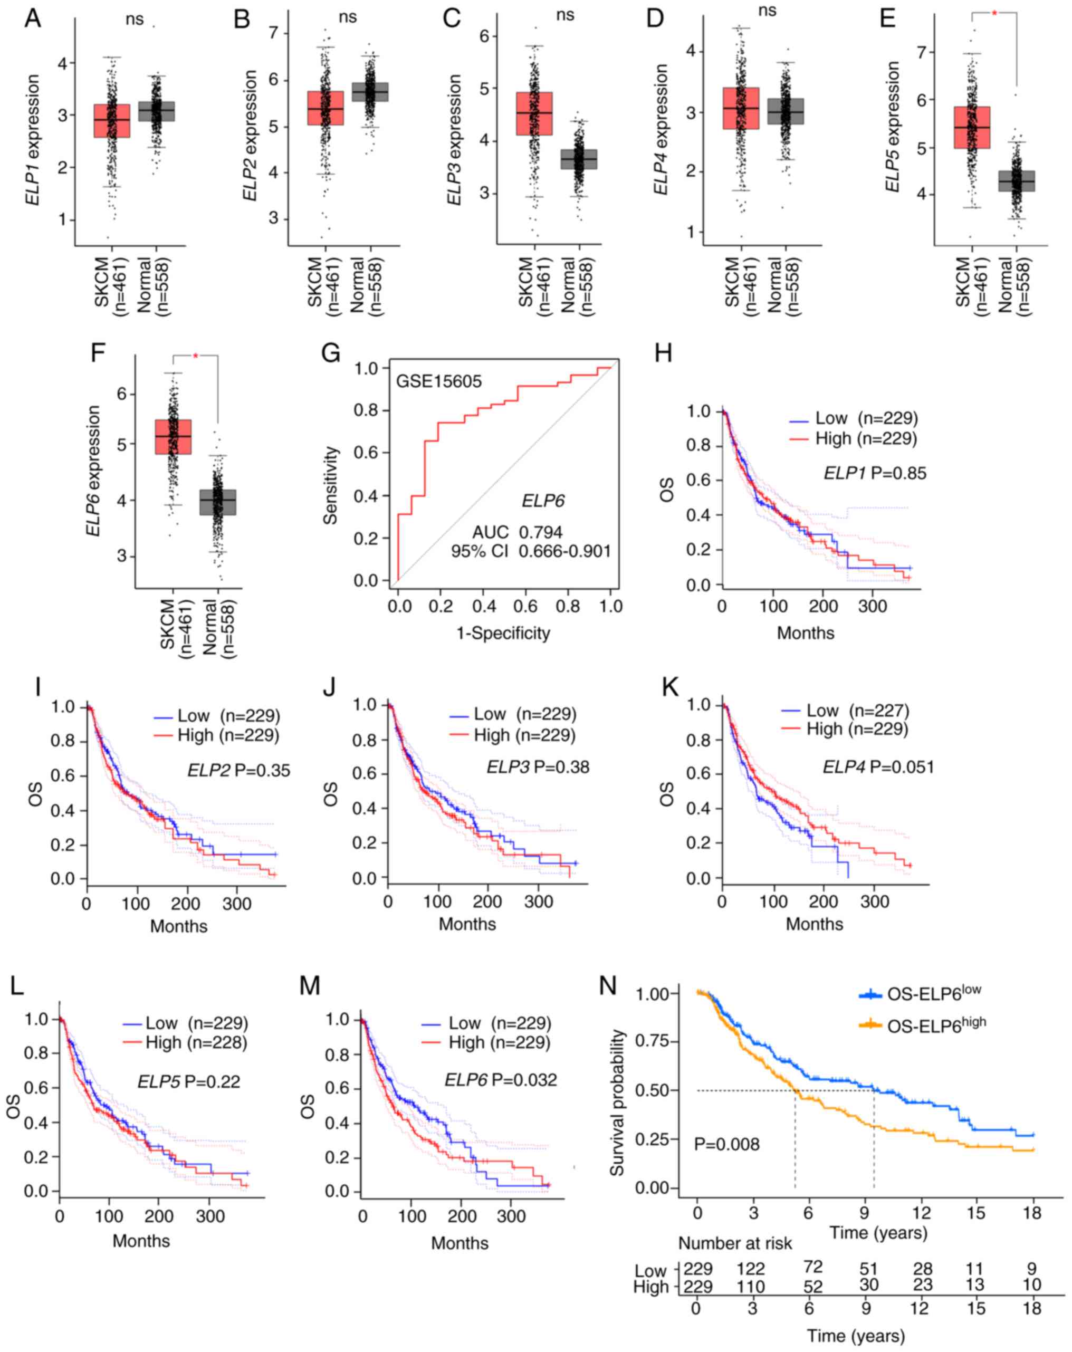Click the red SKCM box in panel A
pos(112,120)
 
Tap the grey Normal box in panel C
pos(578,159)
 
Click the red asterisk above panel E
pos(994,14)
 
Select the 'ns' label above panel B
pos(347,17)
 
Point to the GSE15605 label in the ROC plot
pos(438,381)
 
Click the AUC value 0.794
pos(540,532)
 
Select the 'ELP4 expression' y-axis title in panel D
pos(661,129)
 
